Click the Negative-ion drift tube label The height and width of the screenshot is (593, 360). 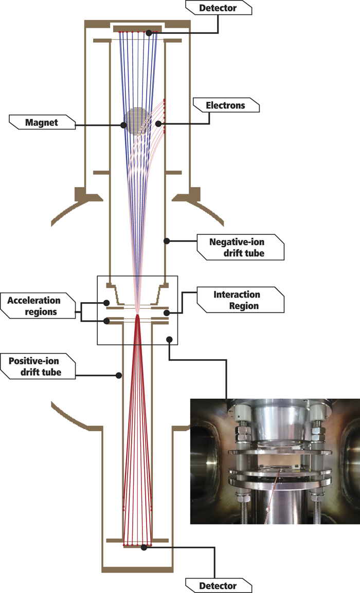[x=240, y=246]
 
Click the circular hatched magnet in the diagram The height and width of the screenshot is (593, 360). [x=138, y=121]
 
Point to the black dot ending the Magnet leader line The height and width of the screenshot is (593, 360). [x=123, y=124]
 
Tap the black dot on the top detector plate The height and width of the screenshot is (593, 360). [x=148, y=32]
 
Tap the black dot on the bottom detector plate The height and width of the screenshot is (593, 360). [x=144, y=548]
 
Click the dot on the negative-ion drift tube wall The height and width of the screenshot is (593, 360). [x=165, y=240]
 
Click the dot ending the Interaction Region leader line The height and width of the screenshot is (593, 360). [x=166, y=312]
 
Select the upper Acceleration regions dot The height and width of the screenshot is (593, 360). [x=106, y=303]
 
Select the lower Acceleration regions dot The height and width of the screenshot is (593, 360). [x=106, y=322]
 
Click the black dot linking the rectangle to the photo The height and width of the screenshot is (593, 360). [x=169, y=339]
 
